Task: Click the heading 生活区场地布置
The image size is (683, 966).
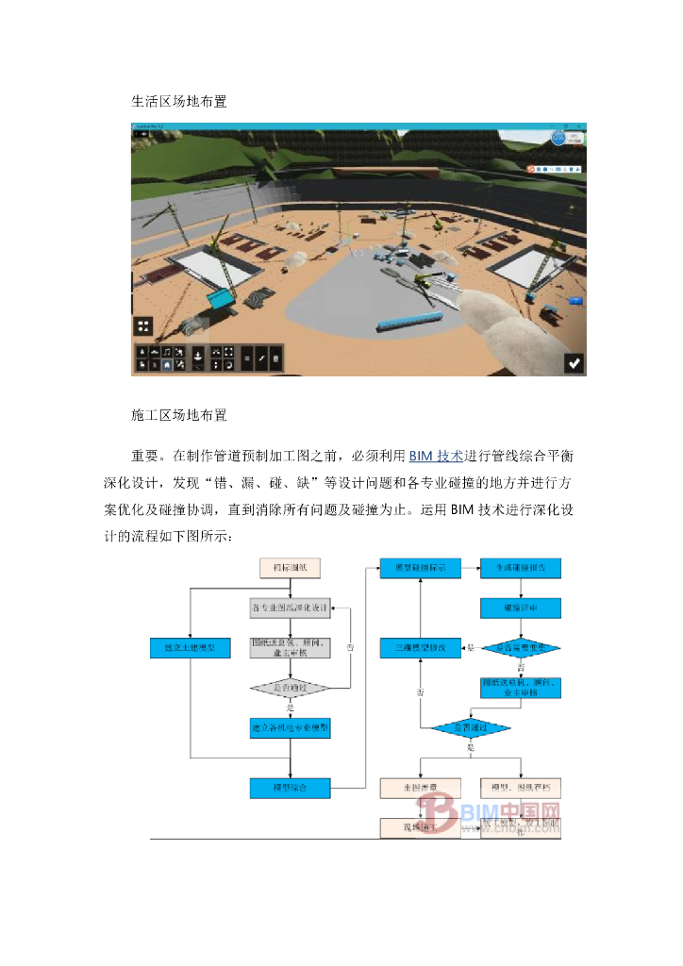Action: click(179, 101)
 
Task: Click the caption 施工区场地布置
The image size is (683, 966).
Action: click(179, 414)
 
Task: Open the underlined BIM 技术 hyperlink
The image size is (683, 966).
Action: click(436, 456)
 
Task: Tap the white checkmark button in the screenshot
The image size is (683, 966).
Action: click(574, 362)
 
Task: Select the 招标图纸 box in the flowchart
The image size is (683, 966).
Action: click(291, 568)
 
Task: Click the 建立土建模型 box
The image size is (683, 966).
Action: click(190, 648)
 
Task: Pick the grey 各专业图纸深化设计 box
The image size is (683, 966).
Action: click(291, 608)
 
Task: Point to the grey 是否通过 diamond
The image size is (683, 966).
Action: click(291, 688)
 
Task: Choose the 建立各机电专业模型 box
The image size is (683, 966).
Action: click(291, 727)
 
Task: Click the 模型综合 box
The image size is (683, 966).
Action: click(291, 785)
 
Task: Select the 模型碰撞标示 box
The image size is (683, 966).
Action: click(420, 568)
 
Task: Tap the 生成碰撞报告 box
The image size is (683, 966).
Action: click(521, 568)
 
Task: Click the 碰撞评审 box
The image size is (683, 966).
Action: click(521, 608)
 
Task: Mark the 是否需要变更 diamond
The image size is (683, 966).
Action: click(521, 648)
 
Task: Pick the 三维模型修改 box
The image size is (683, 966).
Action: click(420, 648)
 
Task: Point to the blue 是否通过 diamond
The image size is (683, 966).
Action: click(471, 727)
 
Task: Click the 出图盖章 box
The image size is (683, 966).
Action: click(420, 786)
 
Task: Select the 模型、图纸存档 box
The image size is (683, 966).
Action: click(521, 786)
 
